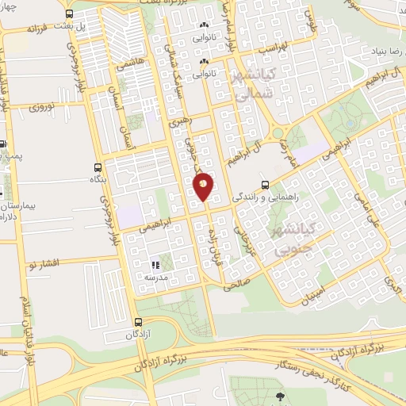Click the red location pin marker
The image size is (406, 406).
[x=203, y=186]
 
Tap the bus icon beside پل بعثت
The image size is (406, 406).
[x=69, y=14]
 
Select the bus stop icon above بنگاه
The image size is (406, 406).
[x=98, y=167]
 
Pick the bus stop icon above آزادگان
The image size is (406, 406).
[x=139, y=322]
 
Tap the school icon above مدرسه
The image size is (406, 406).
[x=155, y=265]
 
